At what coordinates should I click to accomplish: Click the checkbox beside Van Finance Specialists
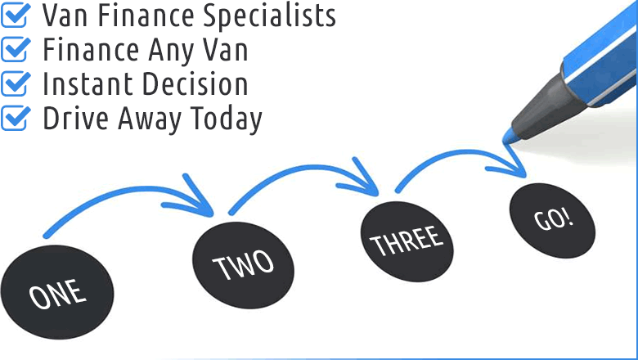[x=15, y=15]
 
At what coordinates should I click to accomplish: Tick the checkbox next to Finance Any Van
[x=15, y=49]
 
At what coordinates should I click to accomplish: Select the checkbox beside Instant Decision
[x=15, y=83]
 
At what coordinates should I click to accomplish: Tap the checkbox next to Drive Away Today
[x=15, y=118]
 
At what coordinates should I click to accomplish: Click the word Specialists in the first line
[x=269, y=17]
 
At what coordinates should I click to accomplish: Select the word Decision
[x=195, y=83]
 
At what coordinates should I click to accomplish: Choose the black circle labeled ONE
[x=57, y=291]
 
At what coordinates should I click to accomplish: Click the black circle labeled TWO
[x=243, y=265]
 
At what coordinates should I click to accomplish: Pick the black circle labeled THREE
[x=407, y=241]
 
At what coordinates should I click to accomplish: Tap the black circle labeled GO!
[x=552, y=220]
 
